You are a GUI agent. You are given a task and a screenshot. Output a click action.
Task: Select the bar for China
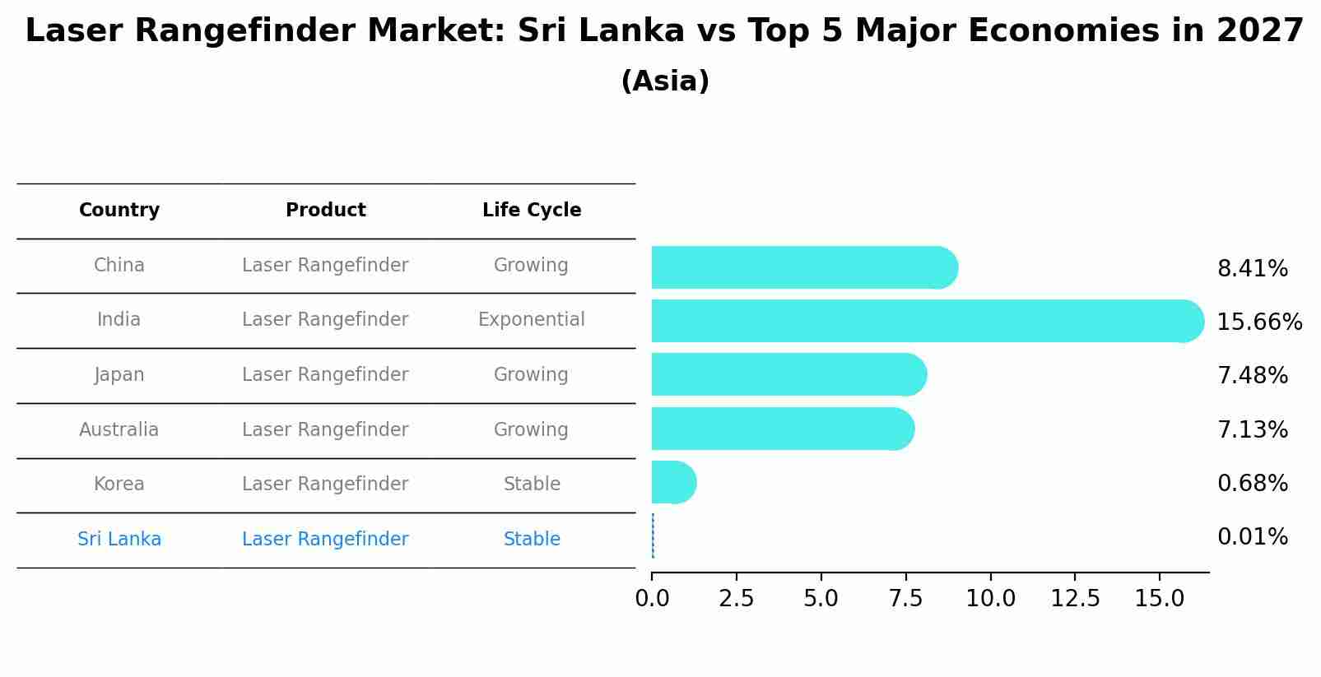802,267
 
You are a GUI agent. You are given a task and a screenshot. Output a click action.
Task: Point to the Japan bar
788,374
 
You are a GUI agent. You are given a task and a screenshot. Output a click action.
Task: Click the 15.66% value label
1258,322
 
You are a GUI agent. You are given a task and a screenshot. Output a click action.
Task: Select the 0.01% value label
1252,537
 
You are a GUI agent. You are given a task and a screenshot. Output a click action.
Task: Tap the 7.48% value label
1252,376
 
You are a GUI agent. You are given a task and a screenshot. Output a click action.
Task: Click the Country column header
119,211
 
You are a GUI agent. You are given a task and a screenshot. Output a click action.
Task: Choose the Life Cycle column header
532,211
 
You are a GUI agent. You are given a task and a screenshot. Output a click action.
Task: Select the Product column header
325,211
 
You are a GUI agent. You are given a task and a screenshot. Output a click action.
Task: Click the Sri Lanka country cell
119,540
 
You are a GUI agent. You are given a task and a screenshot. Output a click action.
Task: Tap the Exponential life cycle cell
532,320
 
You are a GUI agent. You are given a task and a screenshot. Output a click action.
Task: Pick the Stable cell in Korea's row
532,485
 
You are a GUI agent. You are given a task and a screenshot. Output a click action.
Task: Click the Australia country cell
119,430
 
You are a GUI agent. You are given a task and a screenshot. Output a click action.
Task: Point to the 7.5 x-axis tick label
905,599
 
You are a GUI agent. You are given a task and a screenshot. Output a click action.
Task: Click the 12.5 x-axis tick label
1075,599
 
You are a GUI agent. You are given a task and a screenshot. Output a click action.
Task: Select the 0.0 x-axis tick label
652,599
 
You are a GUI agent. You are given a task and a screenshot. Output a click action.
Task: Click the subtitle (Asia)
665,81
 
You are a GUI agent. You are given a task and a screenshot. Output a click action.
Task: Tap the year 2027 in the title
1259,31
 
